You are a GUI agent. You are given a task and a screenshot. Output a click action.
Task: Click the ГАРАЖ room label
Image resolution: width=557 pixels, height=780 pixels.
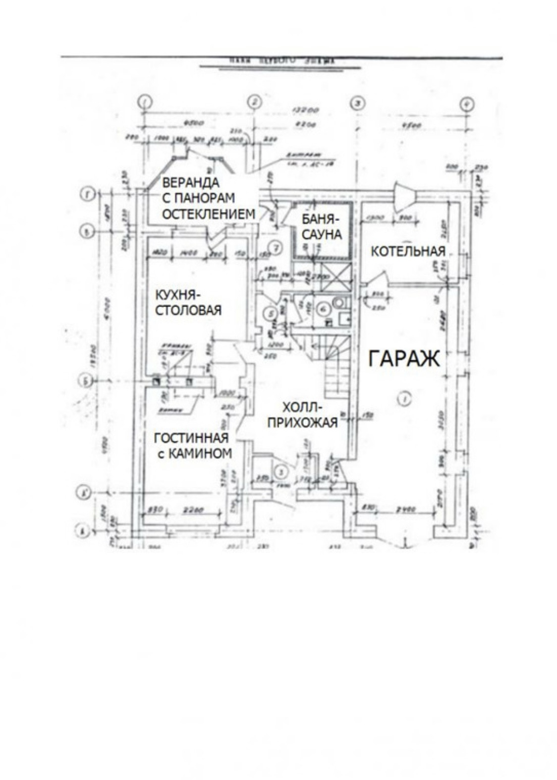(403, 358)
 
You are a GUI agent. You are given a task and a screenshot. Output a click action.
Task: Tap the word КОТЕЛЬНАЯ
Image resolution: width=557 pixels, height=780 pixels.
(408, 252)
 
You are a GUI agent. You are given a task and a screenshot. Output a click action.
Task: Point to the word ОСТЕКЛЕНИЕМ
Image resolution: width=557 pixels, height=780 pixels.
(209, 214)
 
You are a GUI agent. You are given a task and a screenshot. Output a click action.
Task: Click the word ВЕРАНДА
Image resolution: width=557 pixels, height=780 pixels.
(191, 182)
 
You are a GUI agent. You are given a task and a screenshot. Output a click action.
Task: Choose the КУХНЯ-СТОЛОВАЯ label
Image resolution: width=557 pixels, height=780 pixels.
(188, 303)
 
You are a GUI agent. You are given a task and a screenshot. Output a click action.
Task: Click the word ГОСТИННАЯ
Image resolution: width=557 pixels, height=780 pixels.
(191, 438)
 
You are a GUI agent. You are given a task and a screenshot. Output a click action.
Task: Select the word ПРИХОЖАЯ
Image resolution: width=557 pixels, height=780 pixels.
(302, 422)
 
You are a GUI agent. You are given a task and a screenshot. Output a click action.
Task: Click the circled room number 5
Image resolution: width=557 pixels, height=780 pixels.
(270, 313)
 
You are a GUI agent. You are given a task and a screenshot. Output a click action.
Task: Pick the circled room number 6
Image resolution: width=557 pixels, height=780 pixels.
(323, 309)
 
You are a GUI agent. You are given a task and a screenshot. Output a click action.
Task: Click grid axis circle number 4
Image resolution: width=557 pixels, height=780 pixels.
(466, 104)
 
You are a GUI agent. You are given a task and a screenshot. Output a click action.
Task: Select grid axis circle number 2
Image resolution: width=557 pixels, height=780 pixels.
(254, 102)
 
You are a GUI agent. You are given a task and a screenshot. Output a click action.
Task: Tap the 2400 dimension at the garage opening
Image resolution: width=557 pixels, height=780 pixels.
(405, 509)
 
